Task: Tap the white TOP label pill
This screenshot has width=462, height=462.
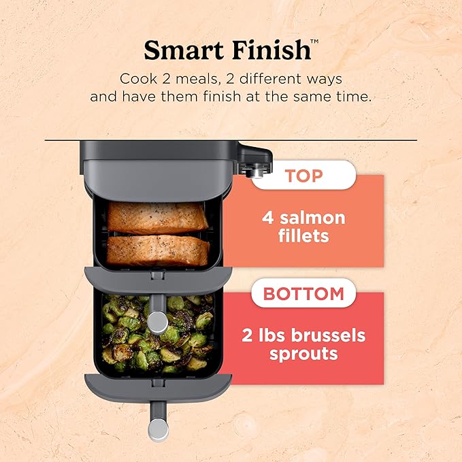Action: [x=303, y=176]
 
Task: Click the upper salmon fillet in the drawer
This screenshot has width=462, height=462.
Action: [x=158, y=218]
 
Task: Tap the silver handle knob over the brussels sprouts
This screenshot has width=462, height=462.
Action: [x=158, y=319]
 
